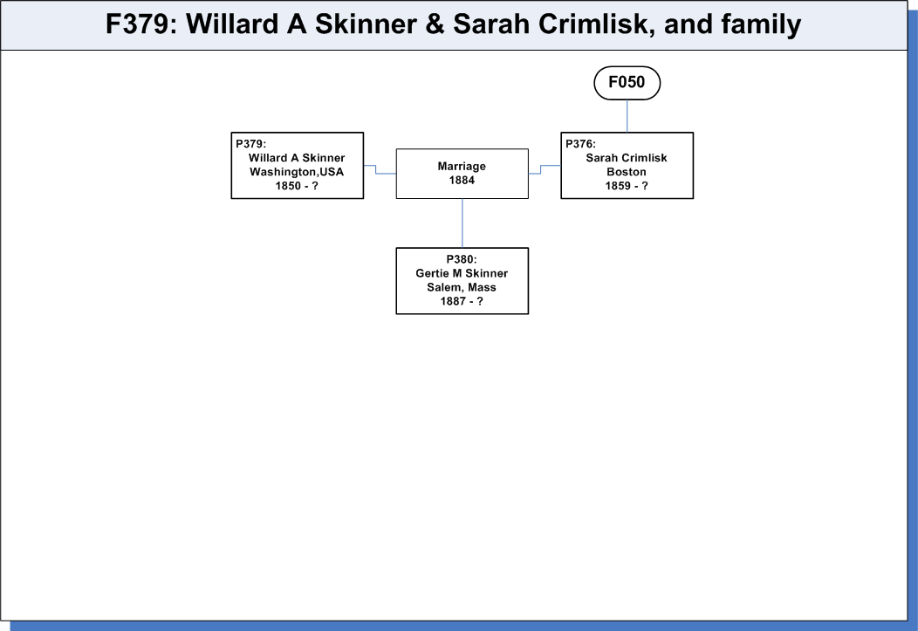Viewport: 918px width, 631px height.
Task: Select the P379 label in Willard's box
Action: (x=251, y=144)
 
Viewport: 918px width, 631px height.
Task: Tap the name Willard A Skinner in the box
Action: (x=297, y=158)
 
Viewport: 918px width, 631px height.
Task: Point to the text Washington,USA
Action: (x=297, y=172)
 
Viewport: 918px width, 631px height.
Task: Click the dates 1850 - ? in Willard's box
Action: (x=297, y=186)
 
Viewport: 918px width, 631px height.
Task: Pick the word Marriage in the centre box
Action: (x=462, y=166)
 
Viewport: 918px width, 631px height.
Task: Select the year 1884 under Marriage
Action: (x=462, y=181)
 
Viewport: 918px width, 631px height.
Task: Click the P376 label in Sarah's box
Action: (x=581, y=144)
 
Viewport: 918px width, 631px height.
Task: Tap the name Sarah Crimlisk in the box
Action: (x=627, y=158)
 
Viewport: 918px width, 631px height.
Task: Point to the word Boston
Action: (x=627, y=172)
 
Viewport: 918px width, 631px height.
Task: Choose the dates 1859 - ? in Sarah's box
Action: (x=627, y=186)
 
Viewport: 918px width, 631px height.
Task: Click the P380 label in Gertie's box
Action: (x=462, y=259)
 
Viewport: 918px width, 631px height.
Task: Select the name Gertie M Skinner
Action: (x=462, y=273)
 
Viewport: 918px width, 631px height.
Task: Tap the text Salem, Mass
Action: (x=462, y=287)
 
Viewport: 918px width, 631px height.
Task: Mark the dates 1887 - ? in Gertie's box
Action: (x=462, y=301)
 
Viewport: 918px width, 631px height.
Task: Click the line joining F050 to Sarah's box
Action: (x=627, y=116)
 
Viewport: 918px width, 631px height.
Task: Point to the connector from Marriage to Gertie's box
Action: (x=462, y=223)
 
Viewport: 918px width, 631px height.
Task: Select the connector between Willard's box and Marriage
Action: (x=376, y=169)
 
